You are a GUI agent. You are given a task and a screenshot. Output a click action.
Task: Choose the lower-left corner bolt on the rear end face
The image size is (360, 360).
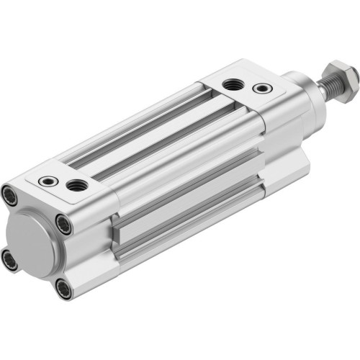10,258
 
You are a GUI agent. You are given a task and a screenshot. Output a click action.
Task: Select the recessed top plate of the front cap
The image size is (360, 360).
245,87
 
